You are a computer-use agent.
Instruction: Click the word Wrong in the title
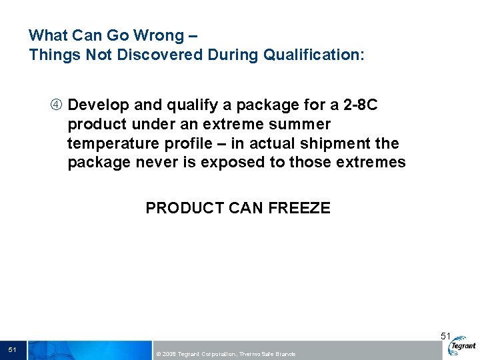click(165, 35)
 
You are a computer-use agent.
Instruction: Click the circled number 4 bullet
click(57, 105)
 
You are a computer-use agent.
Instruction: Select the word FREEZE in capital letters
click(299, 208)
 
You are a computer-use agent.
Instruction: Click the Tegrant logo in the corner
click(462, 345)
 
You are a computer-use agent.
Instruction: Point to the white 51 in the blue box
click(13, 349)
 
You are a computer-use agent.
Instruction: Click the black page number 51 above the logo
click(446, 336)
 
